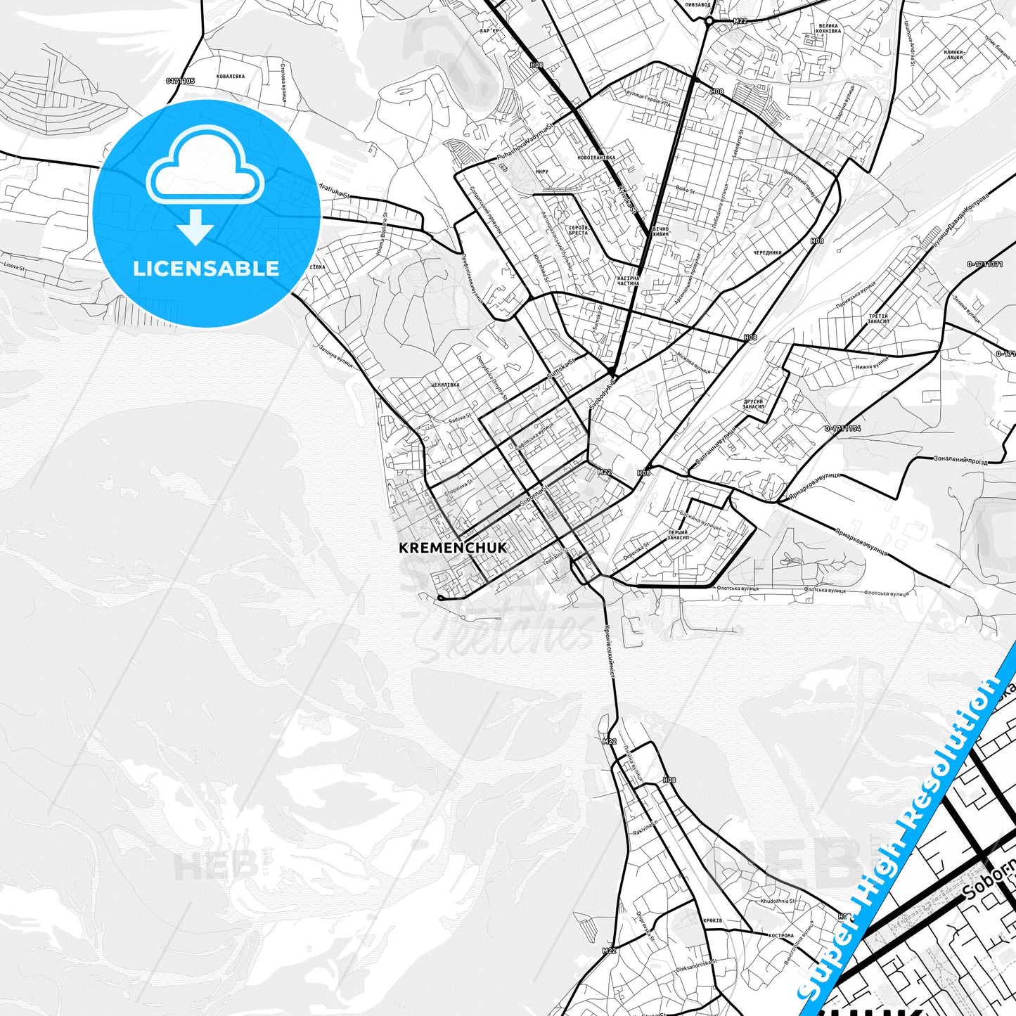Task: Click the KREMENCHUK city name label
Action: click(452, 548)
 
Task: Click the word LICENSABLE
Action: click(206, 269)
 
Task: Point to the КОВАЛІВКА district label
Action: click(231, 76)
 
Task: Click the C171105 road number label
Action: click(180, 82)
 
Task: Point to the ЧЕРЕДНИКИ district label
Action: click(767, 252)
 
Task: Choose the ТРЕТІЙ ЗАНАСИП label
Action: click(878, 319)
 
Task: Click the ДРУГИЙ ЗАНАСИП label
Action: click(753, 404)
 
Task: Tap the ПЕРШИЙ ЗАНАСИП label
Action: click(678, 536)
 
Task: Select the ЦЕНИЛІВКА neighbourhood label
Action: click(445, 385)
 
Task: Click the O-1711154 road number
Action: click(842, 428)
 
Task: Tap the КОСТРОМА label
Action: click(781, 936)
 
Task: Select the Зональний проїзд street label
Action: click(960, 461)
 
